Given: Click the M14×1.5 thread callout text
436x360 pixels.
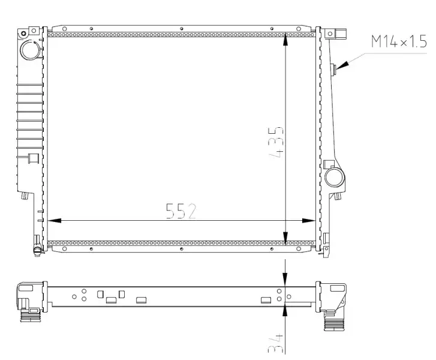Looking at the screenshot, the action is coord(399,42).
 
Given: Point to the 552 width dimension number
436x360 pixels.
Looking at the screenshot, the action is coord(181,211).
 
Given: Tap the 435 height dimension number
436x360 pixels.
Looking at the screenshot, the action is coord(276,142).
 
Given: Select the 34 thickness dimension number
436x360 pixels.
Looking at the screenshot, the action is coord(275,343).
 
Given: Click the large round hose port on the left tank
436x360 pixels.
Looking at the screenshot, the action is coord(31,50).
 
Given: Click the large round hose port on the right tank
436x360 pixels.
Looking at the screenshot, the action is coord(335,177).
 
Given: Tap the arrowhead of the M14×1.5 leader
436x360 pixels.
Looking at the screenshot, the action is coord(342,65).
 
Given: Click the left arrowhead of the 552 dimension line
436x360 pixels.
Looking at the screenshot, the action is coord(54,221).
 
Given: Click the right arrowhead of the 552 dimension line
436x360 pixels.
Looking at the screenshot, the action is coord(309,221).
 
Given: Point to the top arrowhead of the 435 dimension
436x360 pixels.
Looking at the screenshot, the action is coord(285,40).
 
